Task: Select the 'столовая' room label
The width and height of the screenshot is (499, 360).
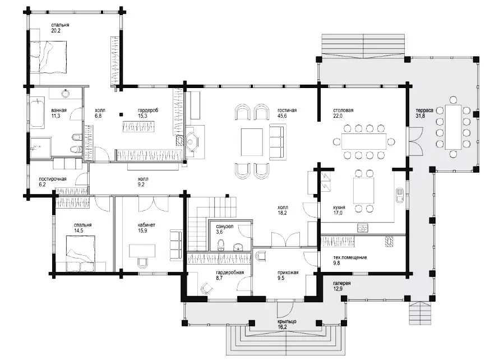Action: point(343,110)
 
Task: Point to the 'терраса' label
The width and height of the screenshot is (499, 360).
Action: point(424,110)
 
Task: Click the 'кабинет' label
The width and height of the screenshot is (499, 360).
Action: point(146,225)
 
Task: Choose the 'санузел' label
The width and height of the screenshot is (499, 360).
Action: point(224,227)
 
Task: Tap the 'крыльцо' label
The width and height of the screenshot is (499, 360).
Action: point(287,321)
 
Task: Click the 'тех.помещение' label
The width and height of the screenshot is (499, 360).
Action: point(350,257)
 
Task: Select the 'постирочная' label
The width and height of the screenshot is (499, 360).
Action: point(53,179)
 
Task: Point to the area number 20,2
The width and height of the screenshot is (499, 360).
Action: point(56,31)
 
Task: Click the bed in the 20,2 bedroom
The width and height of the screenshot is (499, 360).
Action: point(48,57)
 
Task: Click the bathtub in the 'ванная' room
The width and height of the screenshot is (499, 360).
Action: point(38,112)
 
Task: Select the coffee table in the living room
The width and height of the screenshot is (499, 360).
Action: point(252,142)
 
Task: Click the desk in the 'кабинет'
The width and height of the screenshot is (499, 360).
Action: point(142,251)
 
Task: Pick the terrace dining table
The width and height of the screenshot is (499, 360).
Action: point(453,127)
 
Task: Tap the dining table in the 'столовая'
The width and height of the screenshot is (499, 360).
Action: point(364,141)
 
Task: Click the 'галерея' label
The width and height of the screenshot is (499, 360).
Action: point(342,283)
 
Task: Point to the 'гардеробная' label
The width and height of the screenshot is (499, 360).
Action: point(230,273)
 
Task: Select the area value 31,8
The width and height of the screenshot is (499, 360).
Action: point(421,116)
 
